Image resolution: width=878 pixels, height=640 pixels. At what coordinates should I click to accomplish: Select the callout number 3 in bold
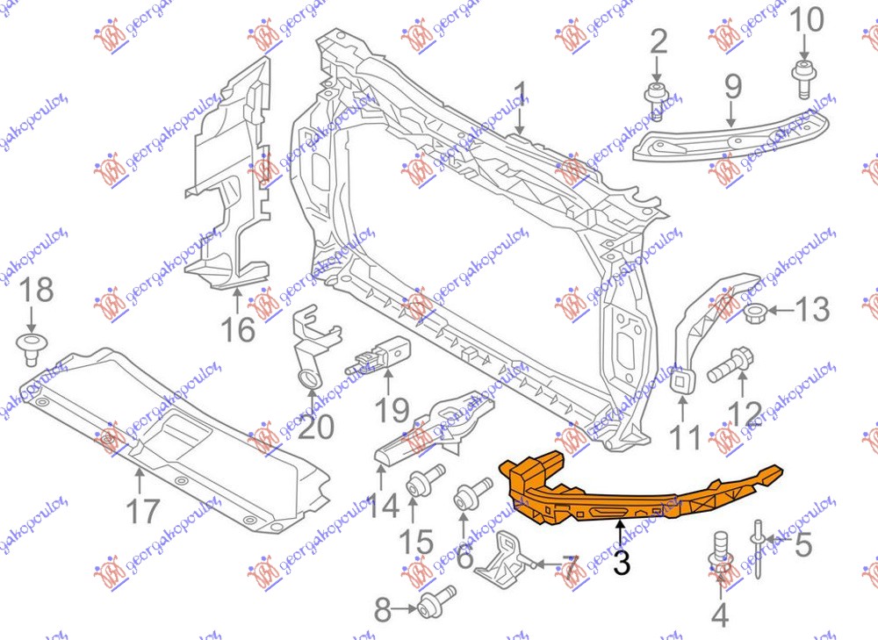click(x=622, y=563)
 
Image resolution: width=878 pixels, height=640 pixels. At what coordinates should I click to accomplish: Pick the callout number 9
click(x=732, y=87)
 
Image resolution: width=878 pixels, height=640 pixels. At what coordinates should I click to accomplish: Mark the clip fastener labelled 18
click(x=32, y=348)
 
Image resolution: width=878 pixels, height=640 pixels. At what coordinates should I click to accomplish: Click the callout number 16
click(x=237, y=329)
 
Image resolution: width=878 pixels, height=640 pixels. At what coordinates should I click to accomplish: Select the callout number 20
click(x=315, y=426)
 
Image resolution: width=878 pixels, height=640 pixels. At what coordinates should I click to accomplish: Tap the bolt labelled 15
click(x=419, y=485)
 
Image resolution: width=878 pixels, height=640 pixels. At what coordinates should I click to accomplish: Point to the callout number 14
click(x=383, y=507)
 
